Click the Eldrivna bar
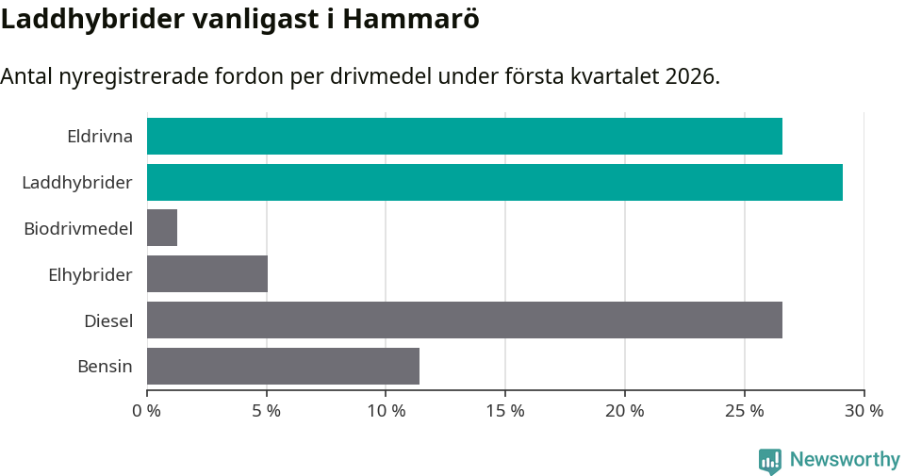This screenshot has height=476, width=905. [464, 137]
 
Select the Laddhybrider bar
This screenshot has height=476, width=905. [494, 182]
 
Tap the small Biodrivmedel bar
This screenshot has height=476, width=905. [162, 228]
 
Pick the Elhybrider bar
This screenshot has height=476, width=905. [207, 274]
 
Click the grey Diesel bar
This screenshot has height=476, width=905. [464, 320]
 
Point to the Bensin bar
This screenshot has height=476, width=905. [283, 366]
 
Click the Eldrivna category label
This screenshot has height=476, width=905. [99, 137]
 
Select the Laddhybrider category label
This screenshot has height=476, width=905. [76, 182]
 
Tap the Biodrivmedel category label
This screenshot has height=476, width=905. [77, 228]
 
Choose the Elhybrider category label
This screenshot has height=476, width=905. [90, 274]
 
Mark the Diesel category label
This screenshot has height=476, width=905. [107, 320]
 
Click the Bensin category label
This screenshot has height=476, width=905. [105, 366]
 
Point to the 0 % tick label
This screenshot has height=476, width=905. [147, 411]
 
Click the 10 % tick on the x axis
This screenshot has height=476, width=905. [386, 411]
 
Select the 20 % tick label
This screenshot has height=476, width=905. [624, 411]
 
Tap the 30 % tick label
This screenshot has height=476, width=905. [863, 411]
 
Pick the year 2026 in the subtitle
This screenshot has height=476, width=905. [690, 76]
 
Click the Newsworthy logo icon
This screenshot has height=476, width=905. [770, 460]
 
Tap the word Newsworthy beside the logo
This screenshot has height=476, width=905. [845, 460]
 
